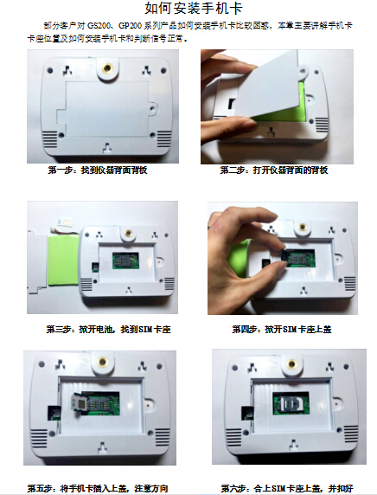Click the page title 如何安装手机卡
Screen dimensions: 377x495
pos(194,9)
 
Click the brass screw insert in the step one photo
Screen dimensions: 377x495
pos(107,67)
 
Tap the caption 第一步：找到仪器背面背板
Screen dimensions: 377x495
pos(98,170)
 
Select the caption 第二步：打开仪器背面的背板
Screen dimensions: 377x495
pos(274,170)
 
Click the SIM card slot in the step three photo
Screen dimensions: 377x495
pos(125,260)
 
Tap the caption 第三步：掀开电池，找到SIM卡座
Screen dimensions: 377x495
pos(108,330)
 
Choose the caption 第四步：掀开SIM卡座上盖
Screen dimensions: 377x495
pos(282,330)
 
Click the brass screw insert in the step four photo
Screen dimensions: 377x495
pos(303,227)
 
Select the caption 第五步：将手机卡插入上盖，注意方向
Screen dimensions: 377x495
pos(98,488)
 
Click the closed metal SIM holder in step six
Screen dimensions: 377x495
pos(291,404)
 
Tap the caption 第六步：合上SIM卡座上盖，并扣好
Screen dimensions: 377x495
pos(287,488)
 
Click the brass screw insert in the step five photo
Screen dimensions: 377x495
pos(102,362)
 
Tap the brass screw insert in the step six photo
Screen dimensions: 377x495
pos(292,364)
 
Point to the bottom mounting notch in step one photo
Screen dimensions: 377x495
pos(107,147)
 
